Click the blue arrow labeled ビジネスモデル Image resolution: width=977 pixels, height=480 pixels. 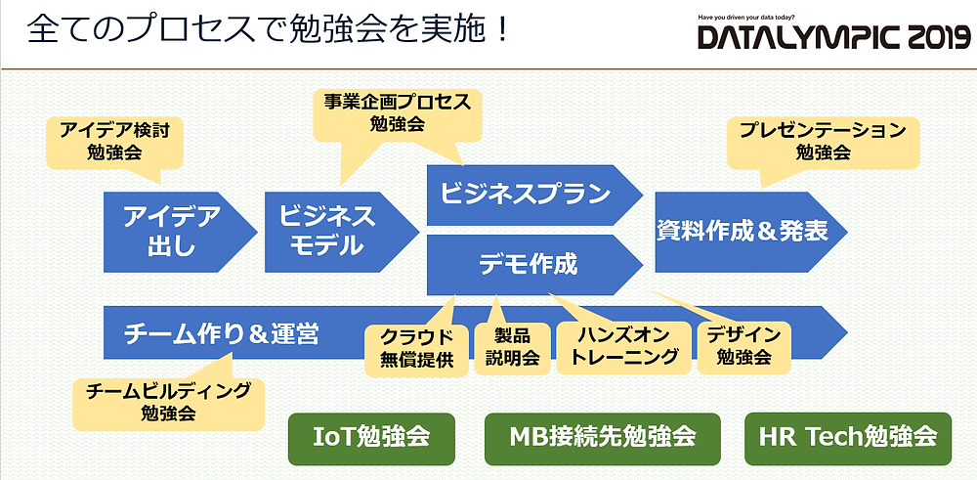pyautogui.click(x=341, y=232)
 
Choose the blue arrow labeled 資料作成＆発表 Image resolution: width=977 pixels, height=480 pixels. pyautogui.click(x=750, y=232)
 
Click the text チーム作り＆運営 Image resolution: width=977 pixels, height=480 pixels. pyautogui.click(x=221, y=334)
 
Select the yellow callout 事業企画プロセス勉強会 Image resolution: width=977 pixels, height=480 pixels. pyautogui.click(x=397, y=115)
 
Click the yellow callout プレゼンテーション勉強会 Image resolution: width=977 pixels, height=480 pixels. pyautogui.click(x=823, y=142)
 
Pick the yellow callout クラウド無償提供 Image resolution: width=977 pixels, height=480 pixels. pyautogui.click(x=416, y=348)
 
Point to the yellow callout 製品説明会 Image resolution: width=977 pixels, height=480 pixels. pyautogui.click(x=512, y=347)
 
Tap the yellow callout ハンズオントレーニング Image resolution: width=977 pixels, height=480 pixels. pyautogui.click(x=623, y=347)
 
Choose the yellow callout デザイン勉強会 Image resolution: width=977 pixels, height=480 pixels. pyautogui.click(x=743, y=347)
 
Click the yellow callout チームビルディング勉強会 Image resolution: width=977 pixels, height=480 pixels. pyautogui.click(x=168, y=402)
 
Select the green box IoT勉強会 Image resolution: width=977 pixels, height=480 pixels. pyautogui.click(x=371, y=439)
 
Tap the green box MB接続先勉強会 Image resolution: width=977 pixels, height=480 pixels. pyautogui.click(x=603, y=439)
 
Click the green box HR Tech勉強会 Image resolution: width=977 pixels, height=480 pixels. pyautogui.click(x=848, y=439)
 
